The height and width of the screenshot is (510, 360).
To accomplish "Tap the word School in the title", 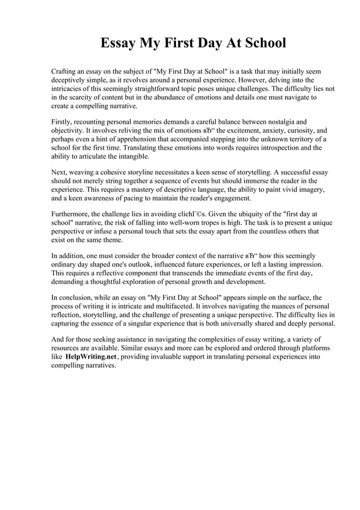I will (x=261, y=43).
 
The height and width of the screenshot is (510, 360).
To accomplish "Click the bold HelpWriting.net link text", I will (x=91, y=357).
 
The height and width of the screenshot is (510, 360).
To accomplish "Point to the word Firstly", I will (x=63, y=121).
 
